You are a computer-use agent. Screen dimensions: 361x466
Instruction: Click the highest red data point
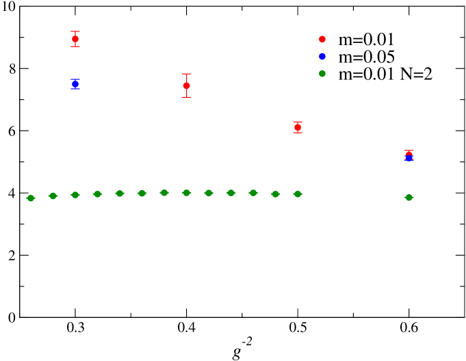point(75,39)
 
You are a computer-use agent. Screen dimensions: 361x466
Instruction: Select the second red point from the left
point(186,85)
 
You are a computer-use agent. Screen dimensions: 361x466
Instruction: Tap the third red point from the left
point(298,127)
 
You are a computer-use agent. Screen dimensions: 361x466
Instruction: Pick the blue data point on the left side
point(75,84)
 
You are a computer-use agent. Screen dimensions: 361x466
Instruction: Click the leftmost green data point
point(30,198)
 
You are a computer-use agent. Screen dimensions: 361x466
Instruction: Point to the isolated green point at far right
point(409,198)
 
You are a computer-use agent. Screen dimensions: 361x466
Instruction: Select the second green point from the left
point(53,196)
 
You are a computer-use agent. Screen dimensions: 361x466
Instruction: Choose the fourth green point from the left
point(97,194)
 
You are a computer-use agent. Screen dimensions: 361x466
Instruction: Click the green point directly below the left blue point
point(75,195)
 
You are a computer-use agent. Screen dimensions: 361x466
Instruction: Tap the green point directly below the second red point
point(186,193)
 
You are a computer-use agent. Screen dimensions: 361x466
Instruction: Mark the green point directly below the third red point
point(298,194)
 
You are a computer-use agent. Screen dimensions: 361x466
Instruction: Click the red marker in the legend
point(322,39)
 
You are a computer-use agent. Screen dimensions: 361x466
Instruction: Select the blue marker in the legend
point(322,56)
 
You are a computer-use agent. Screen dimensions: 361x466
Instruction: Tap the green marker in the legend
point(322,73)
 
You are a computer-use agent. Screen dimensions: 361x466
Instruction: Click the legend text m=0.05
point(366,57)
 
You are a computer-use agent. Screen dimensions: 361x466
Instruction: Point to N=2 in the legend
point(417,74)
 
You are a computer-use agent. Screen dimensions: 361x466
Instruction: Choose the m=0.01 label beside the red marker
point(366,40)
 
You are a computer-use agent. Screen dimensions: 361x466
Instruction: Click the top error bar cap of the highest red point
point(75,31)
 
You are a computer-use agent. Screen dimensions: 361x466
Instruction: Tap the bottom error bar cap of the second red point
point(186,97)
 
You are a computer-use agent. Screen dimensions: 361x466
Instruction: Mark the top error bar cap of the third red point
point(298,122)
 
